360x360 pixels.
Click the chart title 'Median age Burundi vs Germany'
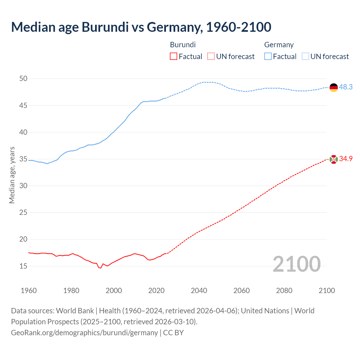point(141,27)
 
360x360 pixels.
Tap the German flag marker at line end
point(334,87)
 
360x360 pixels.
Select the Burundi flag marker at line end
point(334,159)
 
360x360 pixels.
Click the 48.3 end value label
point(346,87)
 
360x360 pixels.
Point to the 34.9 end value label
point(346,159)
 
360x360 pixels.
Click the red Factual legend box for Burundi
point(174,57)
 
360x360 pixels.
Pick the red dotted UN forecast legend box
point(211,57)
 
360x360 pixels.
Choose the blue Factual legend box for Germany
point(268,57)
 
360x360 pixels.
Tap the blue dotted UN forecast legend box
point(305,57)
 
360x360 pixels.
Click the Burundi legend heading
point(183,45)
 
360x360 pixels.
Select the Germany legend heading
point(279,45)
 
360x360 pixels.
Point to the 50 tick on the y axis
point(23,79)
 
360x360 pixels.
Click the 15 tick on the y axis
point(23,266)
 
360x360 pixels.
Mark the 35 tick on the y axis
point(23,159)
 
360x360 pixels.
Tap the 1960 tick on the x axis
point(29,291)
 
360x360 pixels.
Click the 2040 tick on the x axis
point(199,291)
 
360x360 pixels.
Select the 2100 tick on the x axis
point(327,291)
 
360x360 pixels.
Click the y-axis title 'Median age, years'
point(12,175)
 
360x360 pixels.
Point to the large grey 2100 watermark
point(296,264)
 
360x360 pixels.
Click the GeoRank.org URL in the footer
point(84,333)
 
